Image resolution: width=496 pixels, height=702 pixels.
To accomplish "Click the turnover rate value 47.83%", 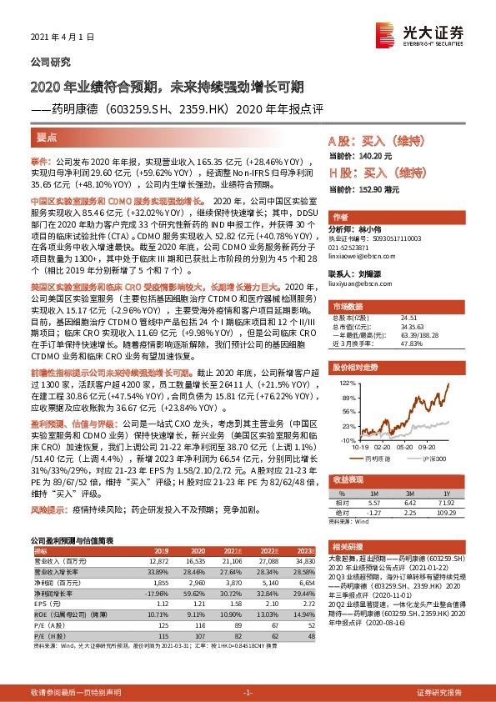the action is [x=413, y=343].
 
